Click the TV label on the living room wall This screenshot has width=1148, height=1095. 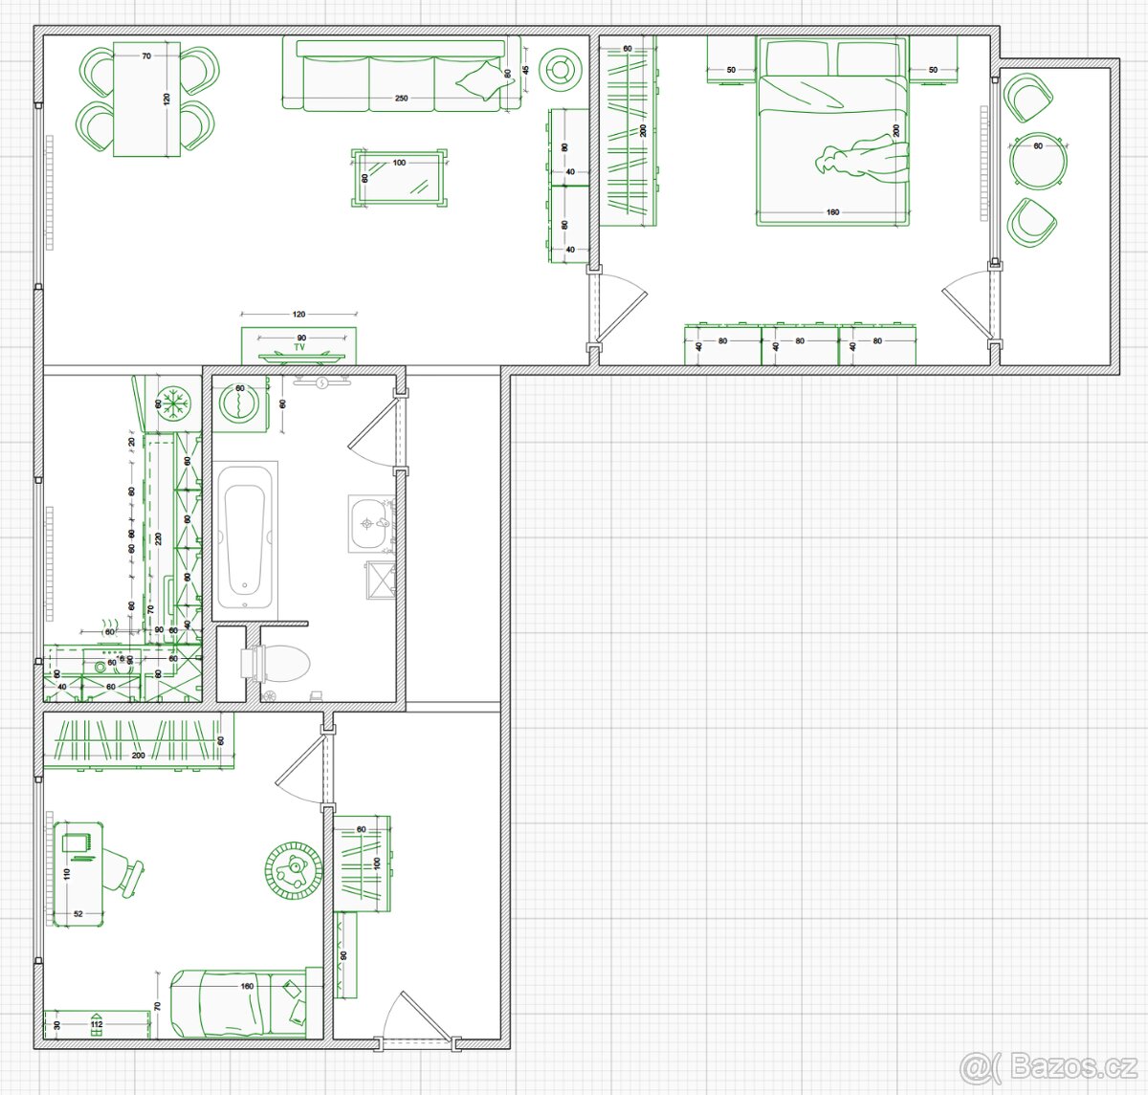pyautogui.click(x=299, y=348)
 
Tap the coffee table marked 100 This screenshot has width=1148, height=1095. pyautogui.click(x=399, y=178)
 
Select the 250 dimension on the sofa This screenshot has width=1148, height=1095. pyautogui.click(x=401, y=99)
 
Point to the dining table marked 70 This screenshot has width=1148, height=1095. pyautogui.click(x=146, y=99)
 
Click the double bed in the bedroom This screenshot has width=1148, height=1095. pyautogui.click(x=831, y=134)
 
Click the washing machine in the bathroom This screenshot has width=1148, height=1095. pyautogui.click(x=236, y=403)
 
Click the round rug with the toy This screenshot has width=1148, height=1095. pyautogui.click(x=292, y=870)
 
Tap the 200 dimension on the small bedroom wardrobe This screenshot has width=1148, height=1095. pyautogui.click(x=139, y=756)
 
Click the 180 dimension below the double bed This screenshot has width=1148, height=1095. pyautogui.click(x=832, y=211)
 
